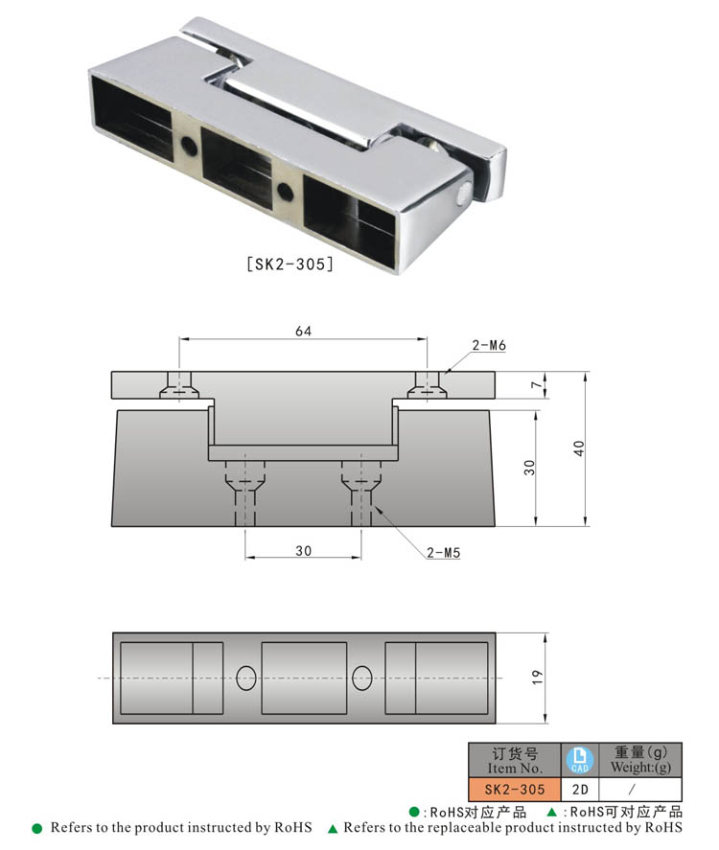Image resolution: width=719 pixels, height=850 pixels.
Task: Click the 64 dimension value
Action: pyautogui.click(x=303, y=331)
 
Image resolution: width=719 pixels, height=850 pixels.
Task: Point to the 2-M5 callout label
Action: pyautogui.click(x=443, y=553)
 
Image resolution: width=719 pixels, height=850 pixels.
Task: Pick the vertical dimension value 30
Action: pyautogui.click(x=529, y=467)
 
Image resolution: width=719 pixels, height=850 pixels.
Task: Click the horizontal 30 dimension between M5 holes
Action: pyautogui.click(x=303, y=550)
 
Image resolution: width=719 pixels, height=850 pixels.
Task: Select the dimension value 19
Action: pyautogui.click(x=537, y=678)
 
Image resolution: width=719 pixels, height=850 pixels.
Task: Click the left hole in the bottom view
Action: pyautogui.click(x=246, y=678)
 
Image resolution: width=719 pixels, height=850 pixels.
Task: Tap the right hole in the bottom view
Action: pyautogui.click(x=361, y=678)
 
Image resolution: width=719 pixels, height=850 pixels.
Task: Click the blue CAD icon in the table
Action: pyautogui.click(x=580, y=759)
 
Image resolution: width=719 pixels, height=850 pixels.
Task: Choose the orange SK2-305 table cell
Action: pyautogui.click(x=514, y=790)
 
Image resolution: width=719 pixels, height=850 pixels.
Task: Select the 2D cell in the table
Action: pyautogui.click(x=580, y=790)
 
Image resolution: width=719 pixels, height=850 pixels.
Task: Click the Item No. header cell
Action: pyautogui.click(x=514, y=759)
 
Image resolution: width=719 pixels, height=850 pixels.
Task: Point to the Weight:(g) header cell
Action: pyautogui.click(x=639, y=759)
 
